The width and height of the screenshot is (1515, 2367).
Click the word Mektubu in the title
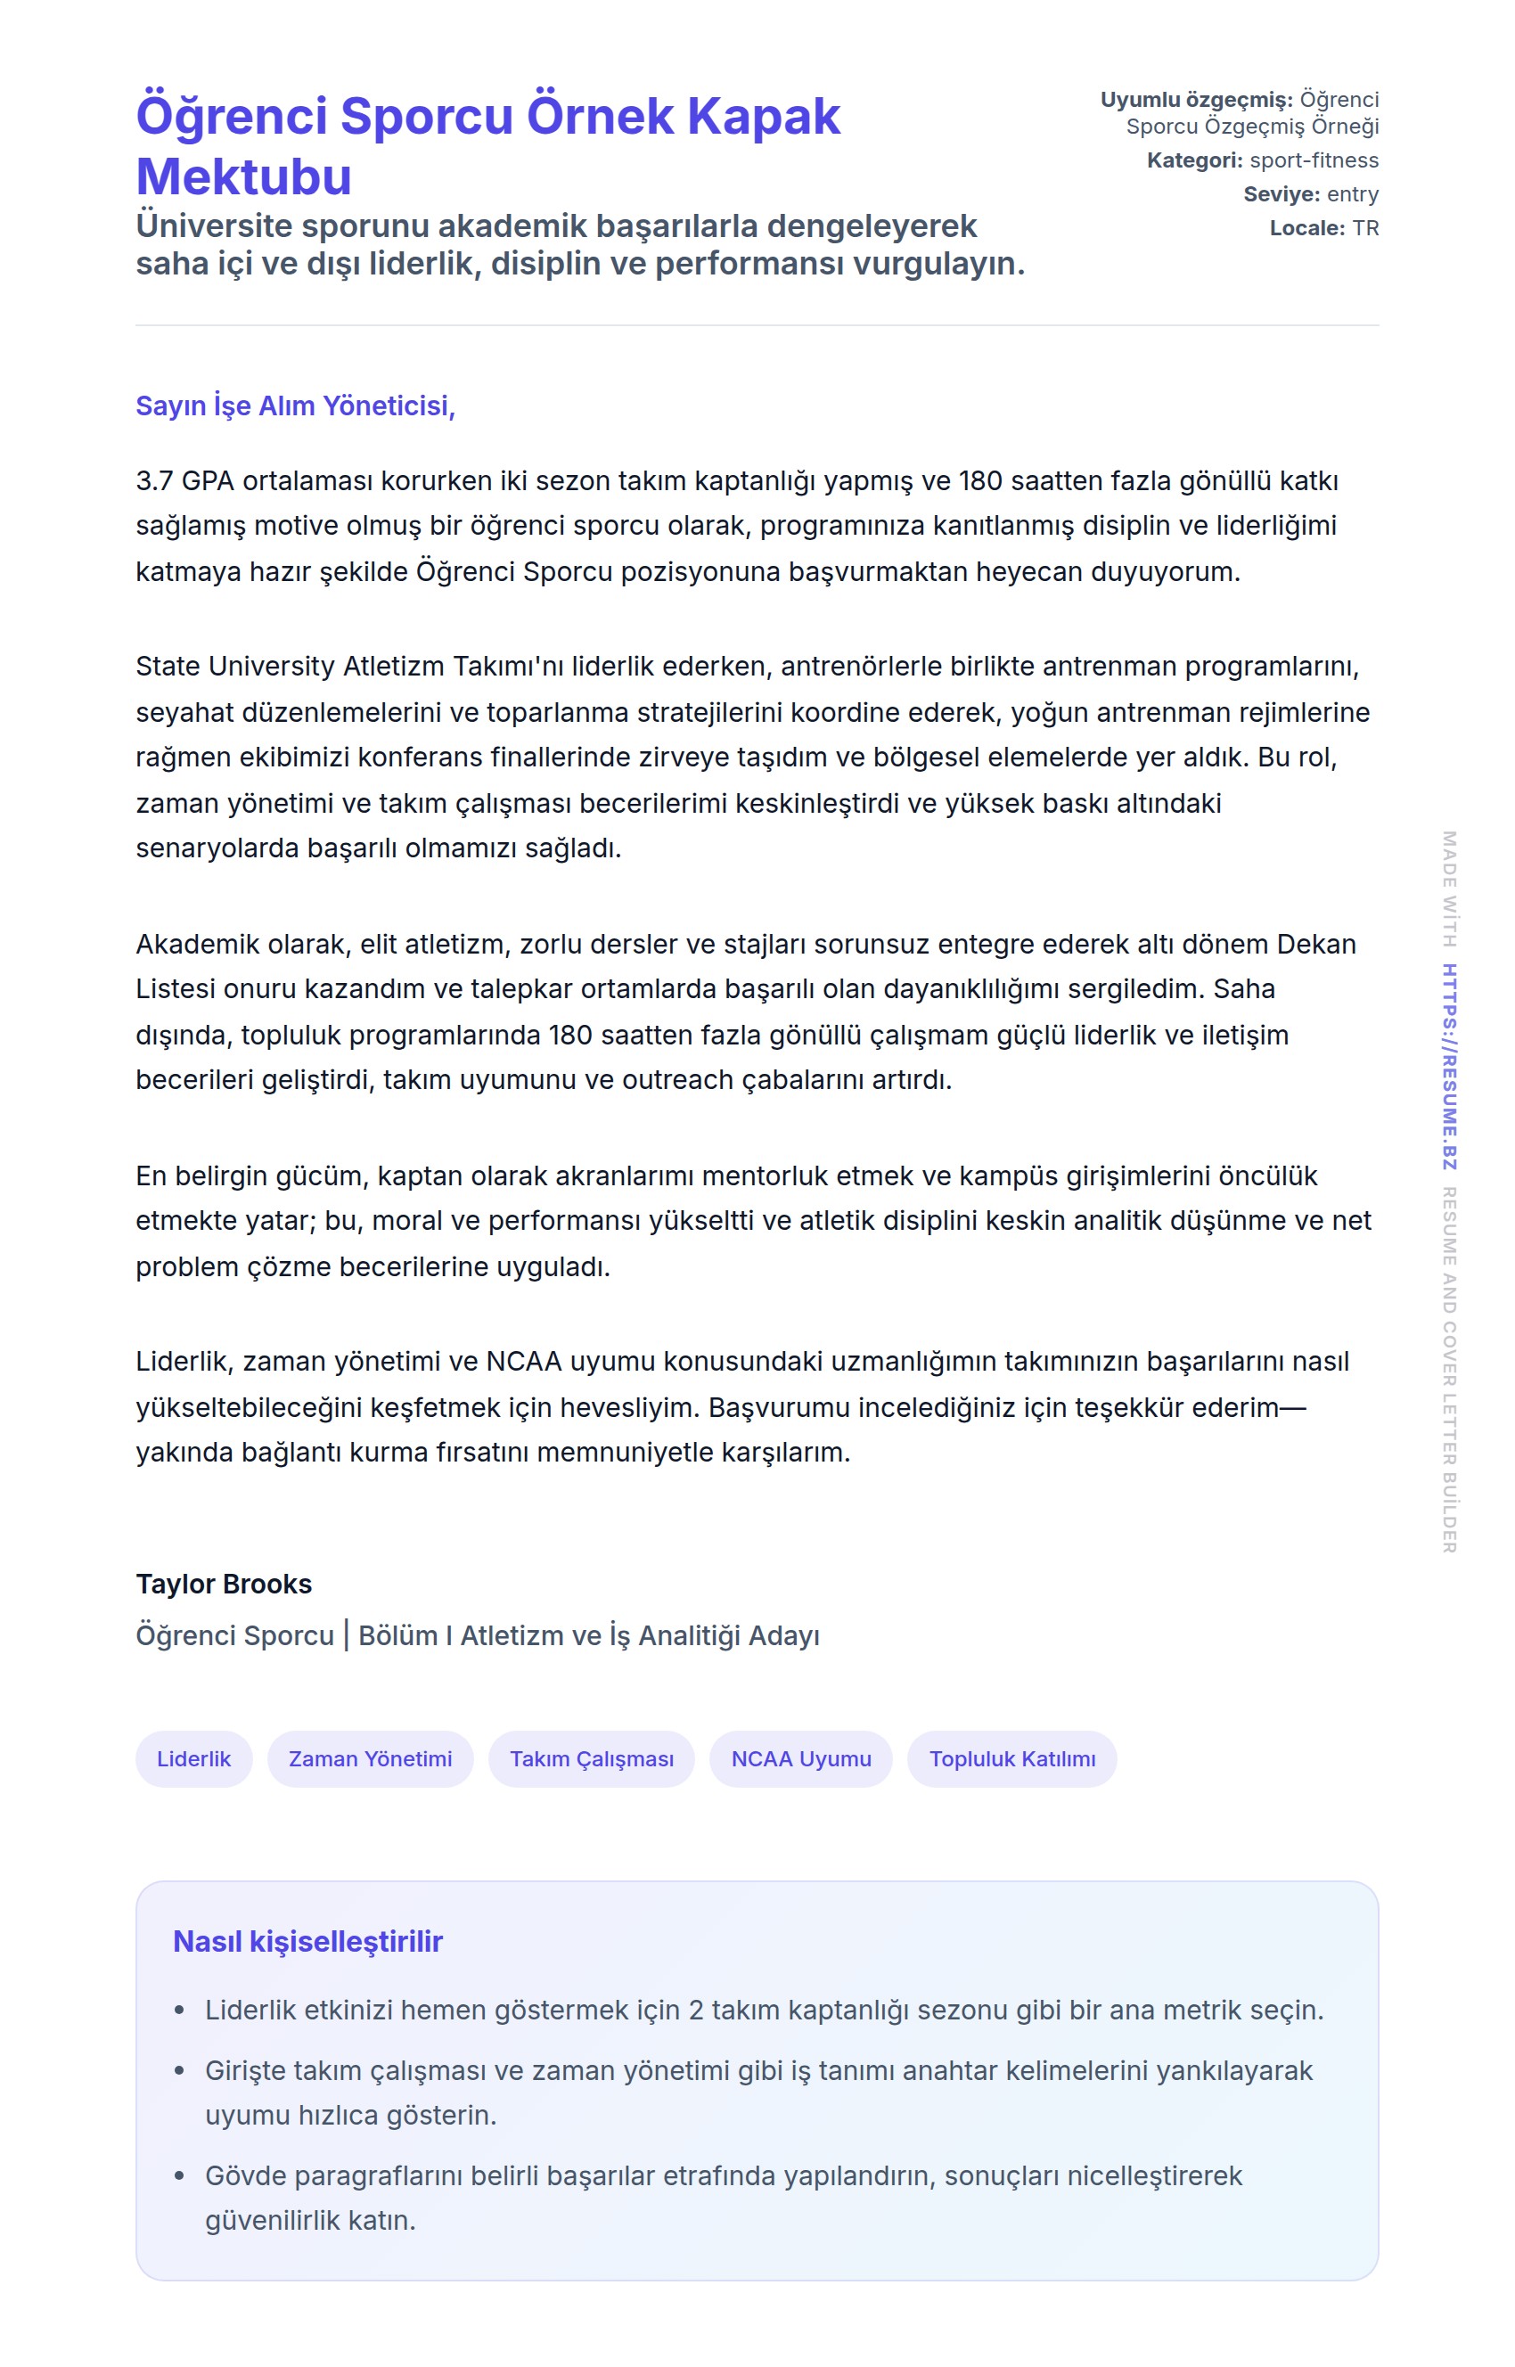click(x=243, y=177)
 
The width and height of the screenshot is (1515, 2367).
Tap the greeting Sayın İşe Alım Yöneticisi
click(x=295, y=405)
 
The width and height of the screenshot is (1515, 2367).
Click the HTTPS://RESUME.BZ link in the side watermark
click(x=1449, y=1067)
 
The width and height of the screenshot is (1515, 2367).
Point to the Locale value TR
click(x=1365, y=228)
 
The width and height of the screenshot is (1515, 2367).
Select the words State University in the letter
click(x=235, y=666)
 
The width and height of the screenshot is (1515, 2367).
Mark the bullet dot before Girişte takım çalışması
click(x=179, y=2071)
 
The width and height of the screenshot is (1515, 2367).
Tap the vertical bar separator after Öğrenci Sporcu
click(x=347, y=1635)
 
